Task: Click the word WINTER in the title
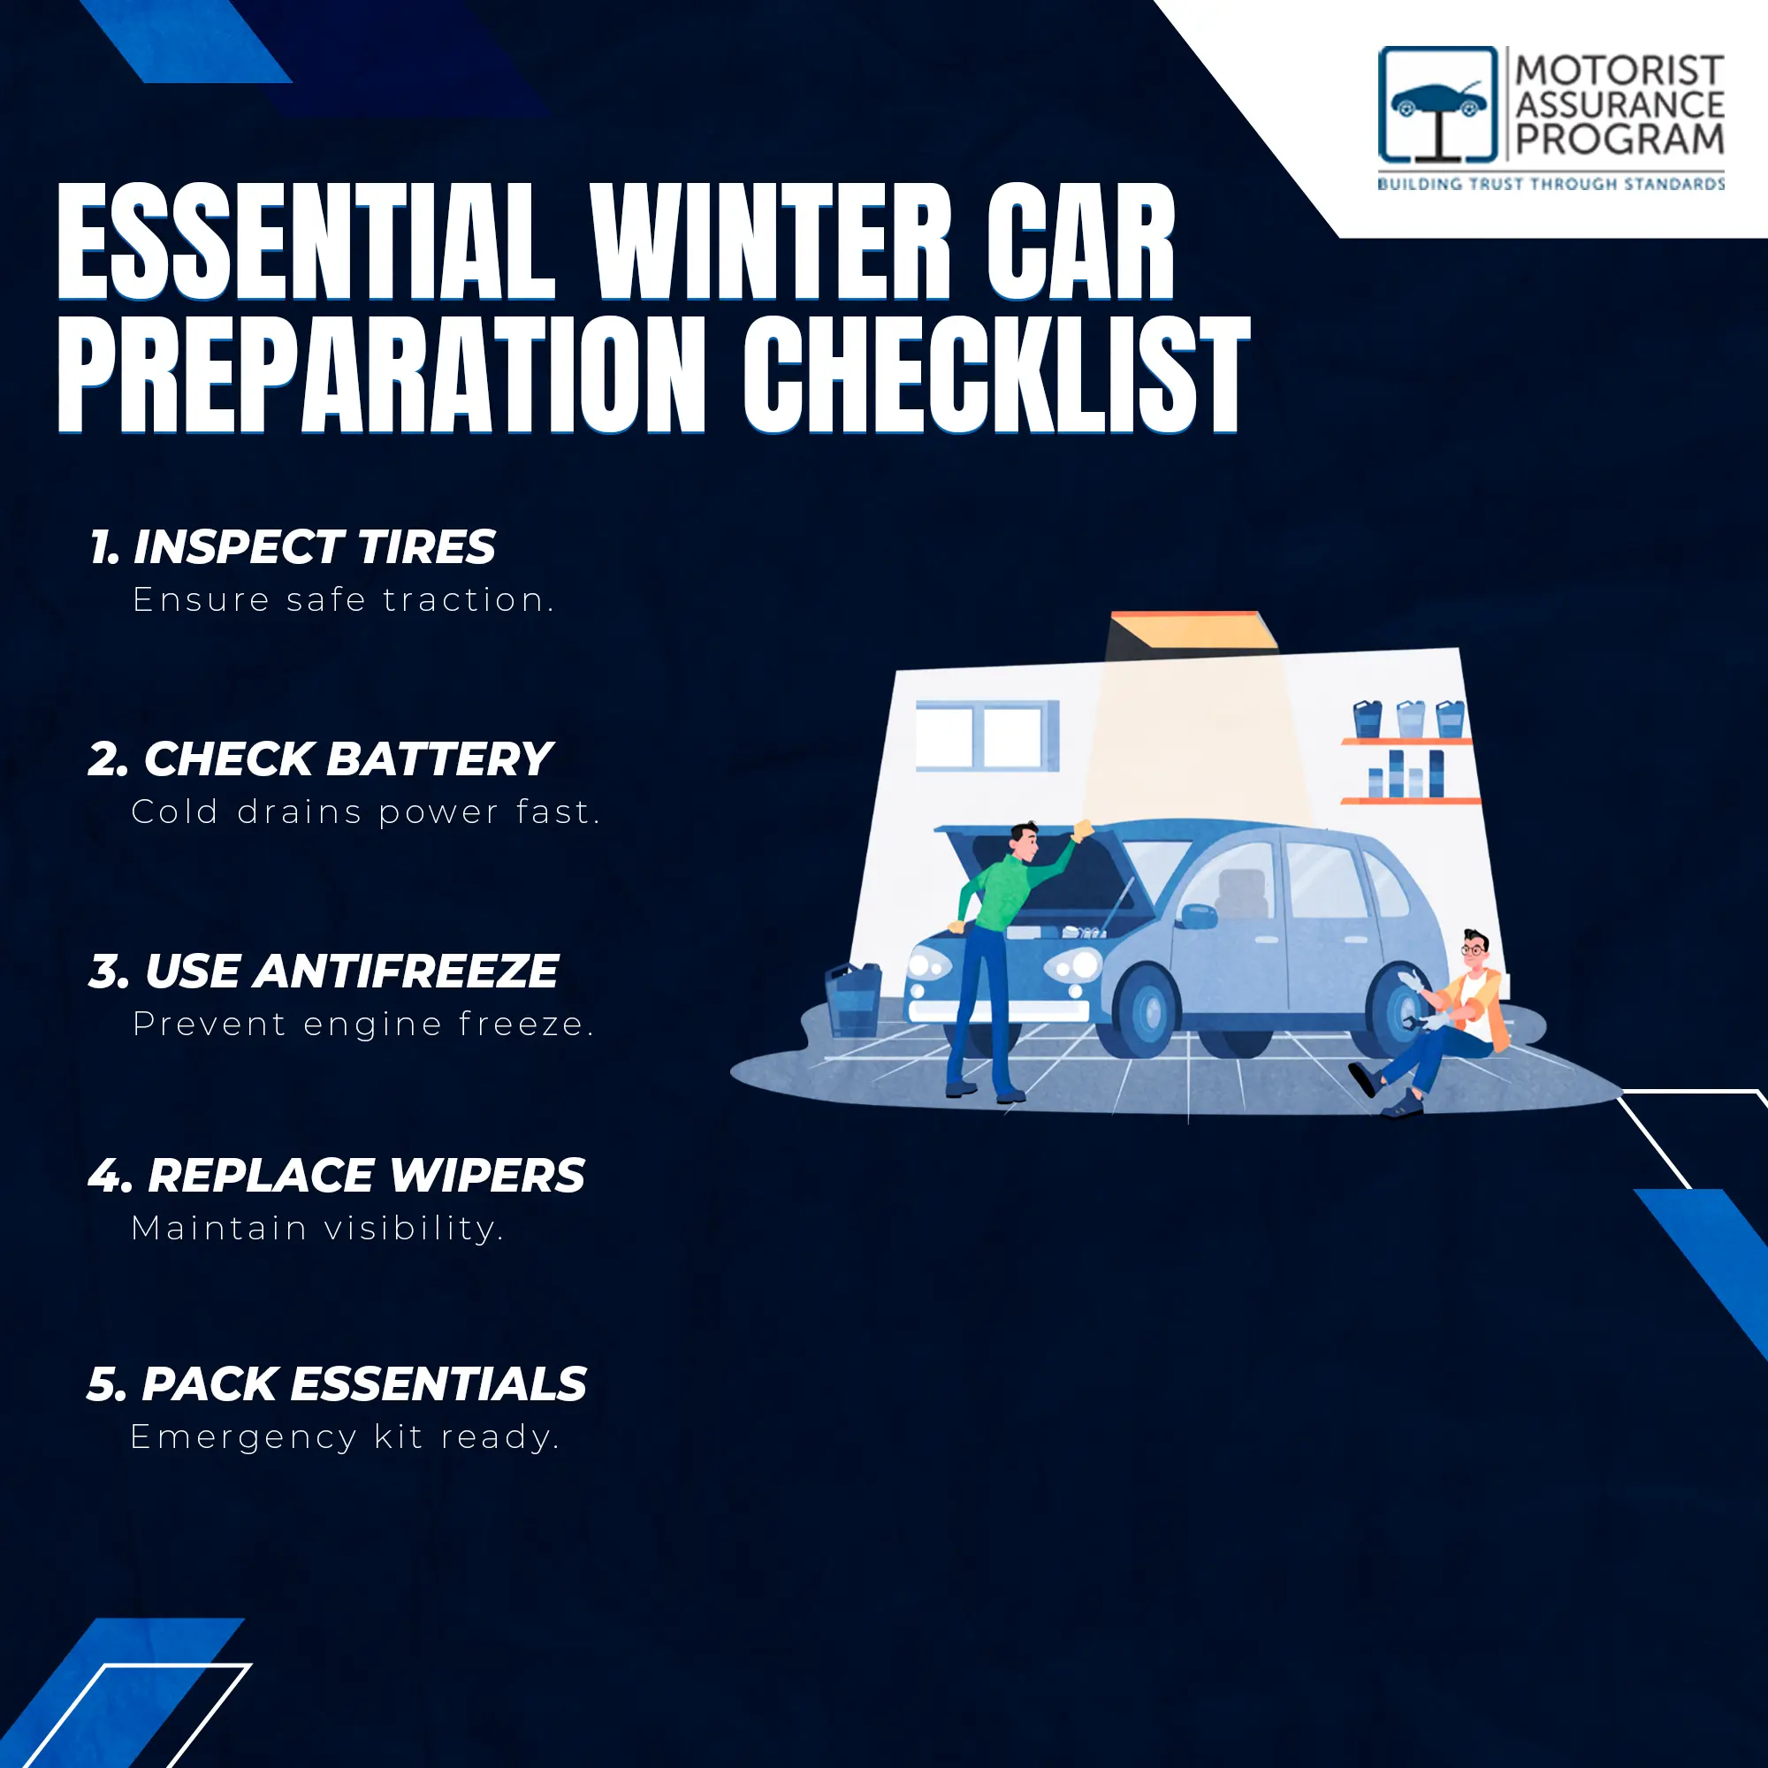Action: (x=772, y=242)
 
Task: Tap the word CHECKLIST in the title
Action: (x=996, y=374)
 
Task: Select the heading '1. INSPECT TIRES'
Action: (x=293, y=547)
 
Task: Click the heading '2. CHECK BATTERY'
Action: (x=320, y=759)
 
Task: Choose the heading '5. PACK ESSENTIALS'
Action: (x=337, y=1383)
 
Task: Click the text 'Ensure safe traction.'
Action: (x=343, y=600)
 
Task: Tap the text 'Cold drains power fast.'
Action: (x=366, y=812)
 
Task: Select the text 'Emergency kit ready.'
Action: (x=344, y=1436)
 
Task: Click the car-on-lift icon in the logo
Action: (x=1438, y=105)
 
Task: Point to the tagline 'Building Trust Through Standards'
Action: (x=1551, y=184)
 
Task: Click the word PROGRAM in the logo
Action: (x=1619, y=140)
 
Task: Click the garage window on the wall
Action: (x=987, y=735)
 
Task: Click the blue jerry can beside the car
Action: (x=853, y=999)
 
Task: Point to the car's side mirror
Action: (x=1198, y=915)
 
